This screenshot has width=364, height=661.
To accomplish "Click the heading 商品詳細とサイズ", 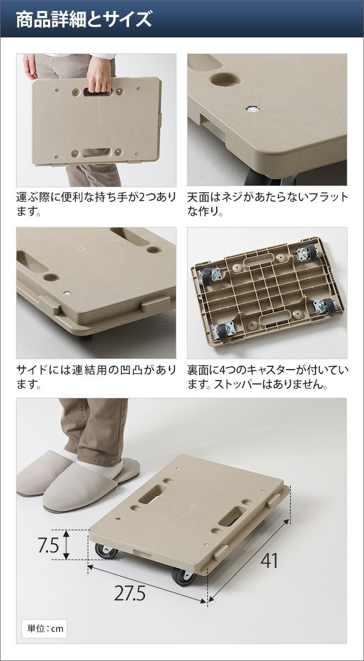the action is (84, 20).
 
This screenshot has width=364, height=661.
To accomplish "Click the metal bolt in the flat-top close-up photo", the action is (253, 110).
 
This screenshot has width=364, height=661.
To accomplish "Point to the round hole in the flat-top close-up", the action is (226, 80).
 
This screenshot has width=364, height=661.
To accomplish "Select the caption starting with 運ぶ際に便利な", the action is (96, 204).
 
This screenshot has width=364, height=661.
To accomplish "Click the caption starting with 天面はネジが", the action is (267, 204).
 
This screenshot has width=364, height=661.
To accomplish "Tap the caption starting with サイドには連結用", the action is (96, 377).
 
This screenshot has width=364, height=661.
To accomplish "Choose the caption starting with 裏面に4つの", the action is (267, 377).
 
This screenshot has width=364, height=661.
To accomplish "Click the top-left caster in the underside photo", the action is (210, 277).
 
